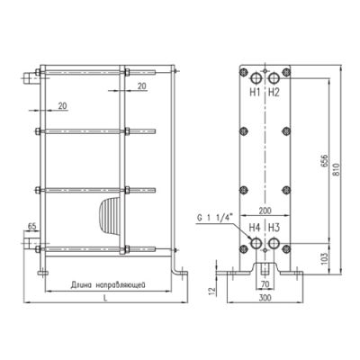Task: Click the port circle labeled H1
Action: [256, 78]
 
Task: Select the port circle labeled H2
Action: [274, 78]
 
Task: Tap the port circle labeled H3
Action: [274, 243]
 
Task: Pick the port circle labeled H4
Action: [256, 243]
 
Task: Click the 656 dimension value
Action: [326, 162]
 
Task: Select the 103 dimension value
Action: [326, 258]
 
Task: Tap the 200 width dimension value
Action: [265, 211]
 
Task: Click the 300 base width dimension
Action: [265, 297]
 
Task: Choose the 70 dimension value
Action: [265, 283]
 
